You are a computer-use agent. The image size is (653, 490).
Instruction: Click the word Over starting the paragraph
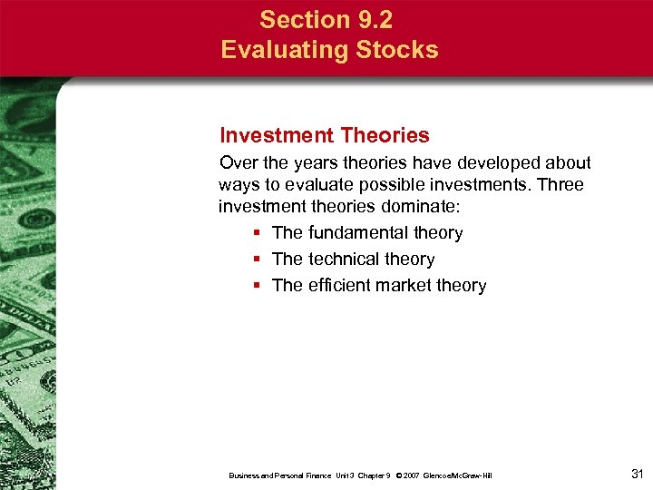pyautogui.click(x=239, y=163)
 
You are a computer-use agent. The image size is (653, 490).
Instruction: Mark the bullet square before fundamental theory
pyautogui.click(x=258, y=233)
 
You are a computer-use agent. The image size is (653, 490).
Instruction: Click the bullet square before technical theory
pyautogui.click(x=258, y=260)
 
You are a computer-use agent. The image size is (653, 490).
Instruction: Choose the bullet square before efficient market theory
pyautogui.click(x=258, y=286)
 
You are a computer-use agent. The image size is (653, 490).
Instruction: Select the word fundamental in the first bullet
pyautogui.click(x=359, y=233)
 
